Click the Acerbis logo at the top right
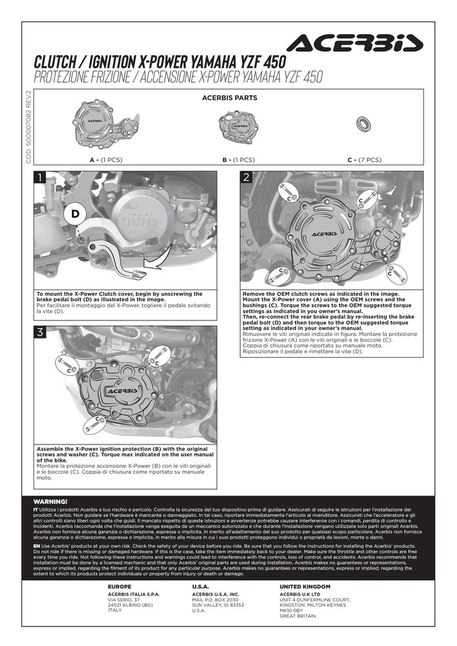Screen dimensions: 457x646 coord(355,43)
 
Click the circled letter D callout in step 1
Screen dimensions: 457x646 coord(76,214)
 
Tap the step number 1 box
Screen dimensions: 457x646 coord(39,178)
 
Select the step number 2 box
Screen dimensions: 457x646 coord(246,178)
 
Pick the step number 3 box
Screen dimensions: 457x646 coord(39,332)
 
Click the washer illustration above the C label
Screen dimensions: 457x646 coord(363,123)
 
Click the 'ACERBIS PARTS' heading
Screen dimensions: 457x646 coord(229,98)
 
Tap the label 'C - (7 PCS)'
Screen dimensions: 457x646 coord(364,160)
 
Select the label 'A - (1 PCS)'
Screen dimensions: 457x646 coord(106,160)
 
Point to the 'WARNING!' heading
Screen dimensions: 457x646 coord(50,502)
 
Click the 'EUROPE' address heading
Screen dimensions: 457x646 coord(119,587)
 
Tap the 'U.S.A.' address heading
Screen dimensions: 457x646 coord(201,587)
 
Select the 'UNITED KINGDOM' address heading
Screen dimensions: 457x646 coord(305,587)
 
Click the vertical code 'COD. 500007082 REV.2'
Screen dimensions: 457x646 coord(28,127)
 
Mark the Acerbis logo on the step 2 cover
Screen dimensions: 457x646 coord(324,234)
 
